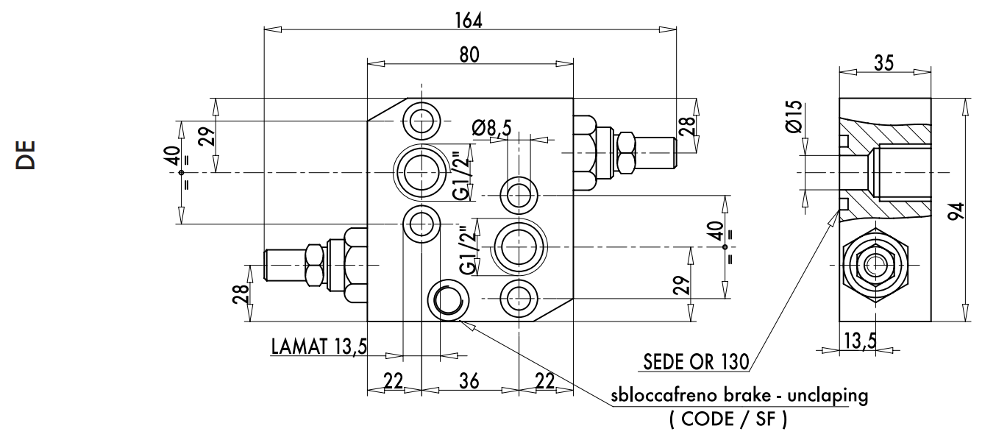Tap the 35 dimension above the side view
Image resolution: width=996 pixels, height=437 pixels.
(884, 63)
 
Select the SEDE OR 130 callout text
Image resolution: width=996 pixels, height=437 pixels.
(695, 361)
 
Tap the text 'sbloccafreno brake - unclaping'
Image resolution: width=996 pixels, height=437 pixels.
(739, 395)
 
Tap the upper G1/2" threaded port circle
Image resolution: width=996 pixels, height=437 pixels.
(421, 172)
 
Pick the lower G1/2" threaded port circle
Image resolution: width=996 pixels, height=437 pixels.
(519, 246)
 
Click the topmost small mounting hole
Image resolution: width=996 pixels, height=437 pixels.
(421, 119)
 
